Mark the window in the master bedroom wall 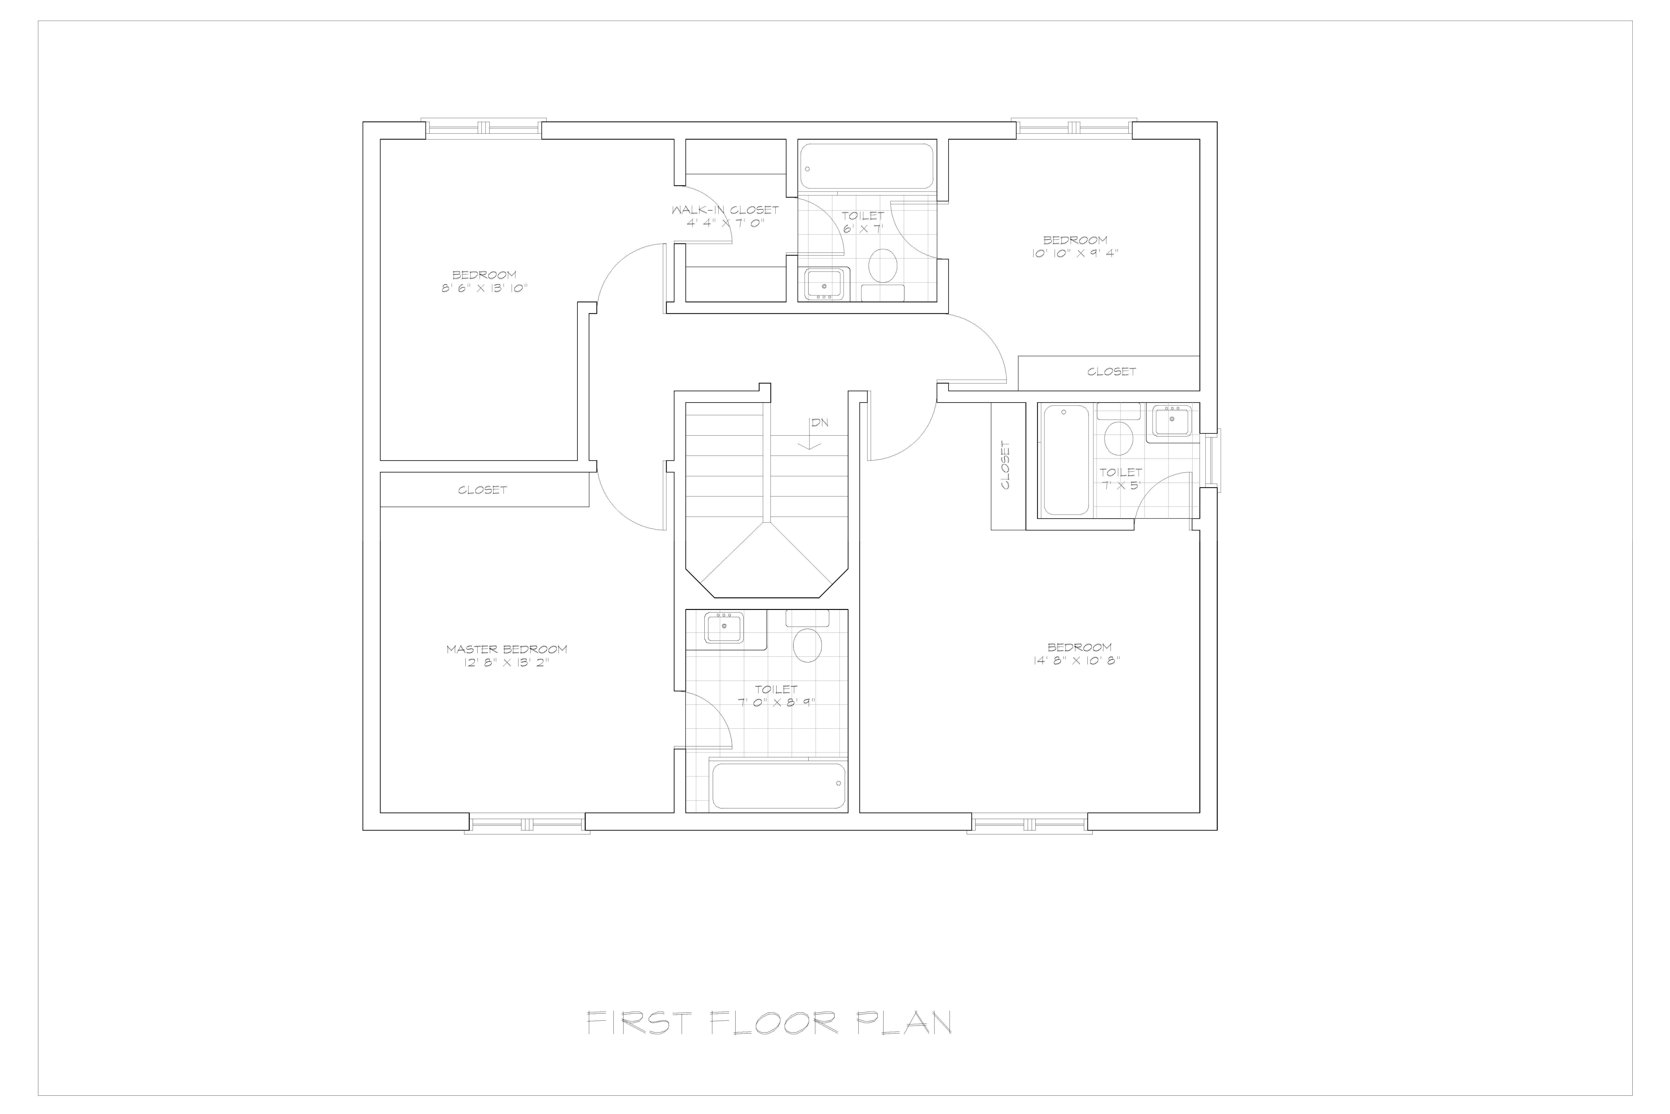[x=527, y=824]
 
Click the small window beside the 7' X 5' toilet [x=1213, y=460]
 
